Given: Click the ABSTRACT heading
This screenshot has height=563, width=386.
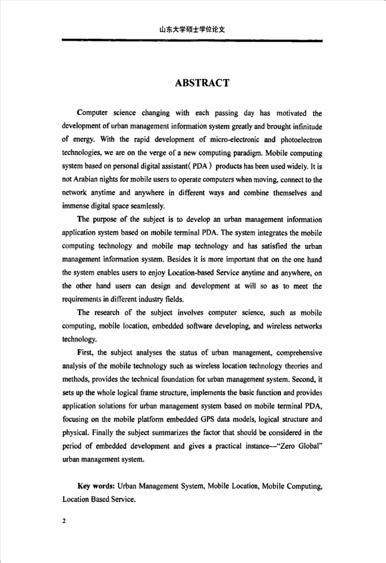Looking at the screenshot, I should [202, 83].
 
